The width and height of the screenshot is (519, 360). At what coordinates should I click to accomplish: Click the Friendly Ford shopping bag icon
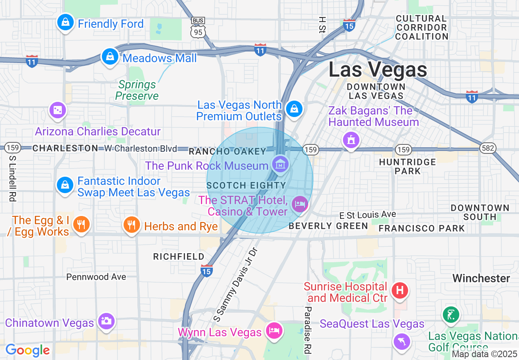coord(65,22)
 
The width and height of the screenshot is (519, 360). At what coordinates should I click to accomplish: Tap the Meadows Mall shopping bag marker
coord(110,57)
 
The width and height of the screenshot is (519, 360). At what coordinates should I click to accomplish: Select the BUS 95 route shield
coord(198,28)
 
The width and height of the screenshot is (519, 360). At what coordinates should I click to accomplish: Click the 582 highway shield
coord(489,148)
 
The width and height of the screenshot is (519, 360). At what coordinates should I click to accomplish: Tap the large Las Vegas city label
coord(378,70)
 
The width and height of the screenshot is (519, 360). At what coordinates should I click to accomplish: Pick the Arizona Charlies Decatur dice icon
coord(57,110)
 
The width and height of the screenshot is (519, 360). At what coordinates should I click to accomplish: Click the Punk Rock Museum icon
coord(281,165)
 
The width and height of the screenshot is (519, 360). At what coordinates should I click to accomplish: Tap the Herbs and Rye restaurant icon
coord(131,225)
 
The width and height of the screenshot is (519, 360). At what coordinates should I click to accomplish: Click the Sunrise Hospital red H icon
coord(400,290)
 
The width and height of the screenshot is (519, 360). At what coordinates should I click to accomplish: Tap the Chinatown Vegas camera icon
coord(106,321)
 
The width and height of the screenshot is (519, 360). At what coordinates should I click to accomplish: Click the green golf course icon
coord(450,315)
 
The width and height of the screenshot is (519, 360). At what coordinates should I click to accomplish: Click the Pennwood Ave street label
coord(96,277)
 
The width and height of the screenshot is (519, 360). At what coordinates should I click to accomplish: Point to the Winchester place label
coord(481,279)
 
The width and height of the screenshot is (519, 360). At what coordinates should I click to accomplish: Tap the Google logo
coord(27,351)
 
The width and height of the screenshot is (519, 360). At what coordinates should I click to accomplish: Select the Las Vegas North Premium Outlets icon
coord(294,109)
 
